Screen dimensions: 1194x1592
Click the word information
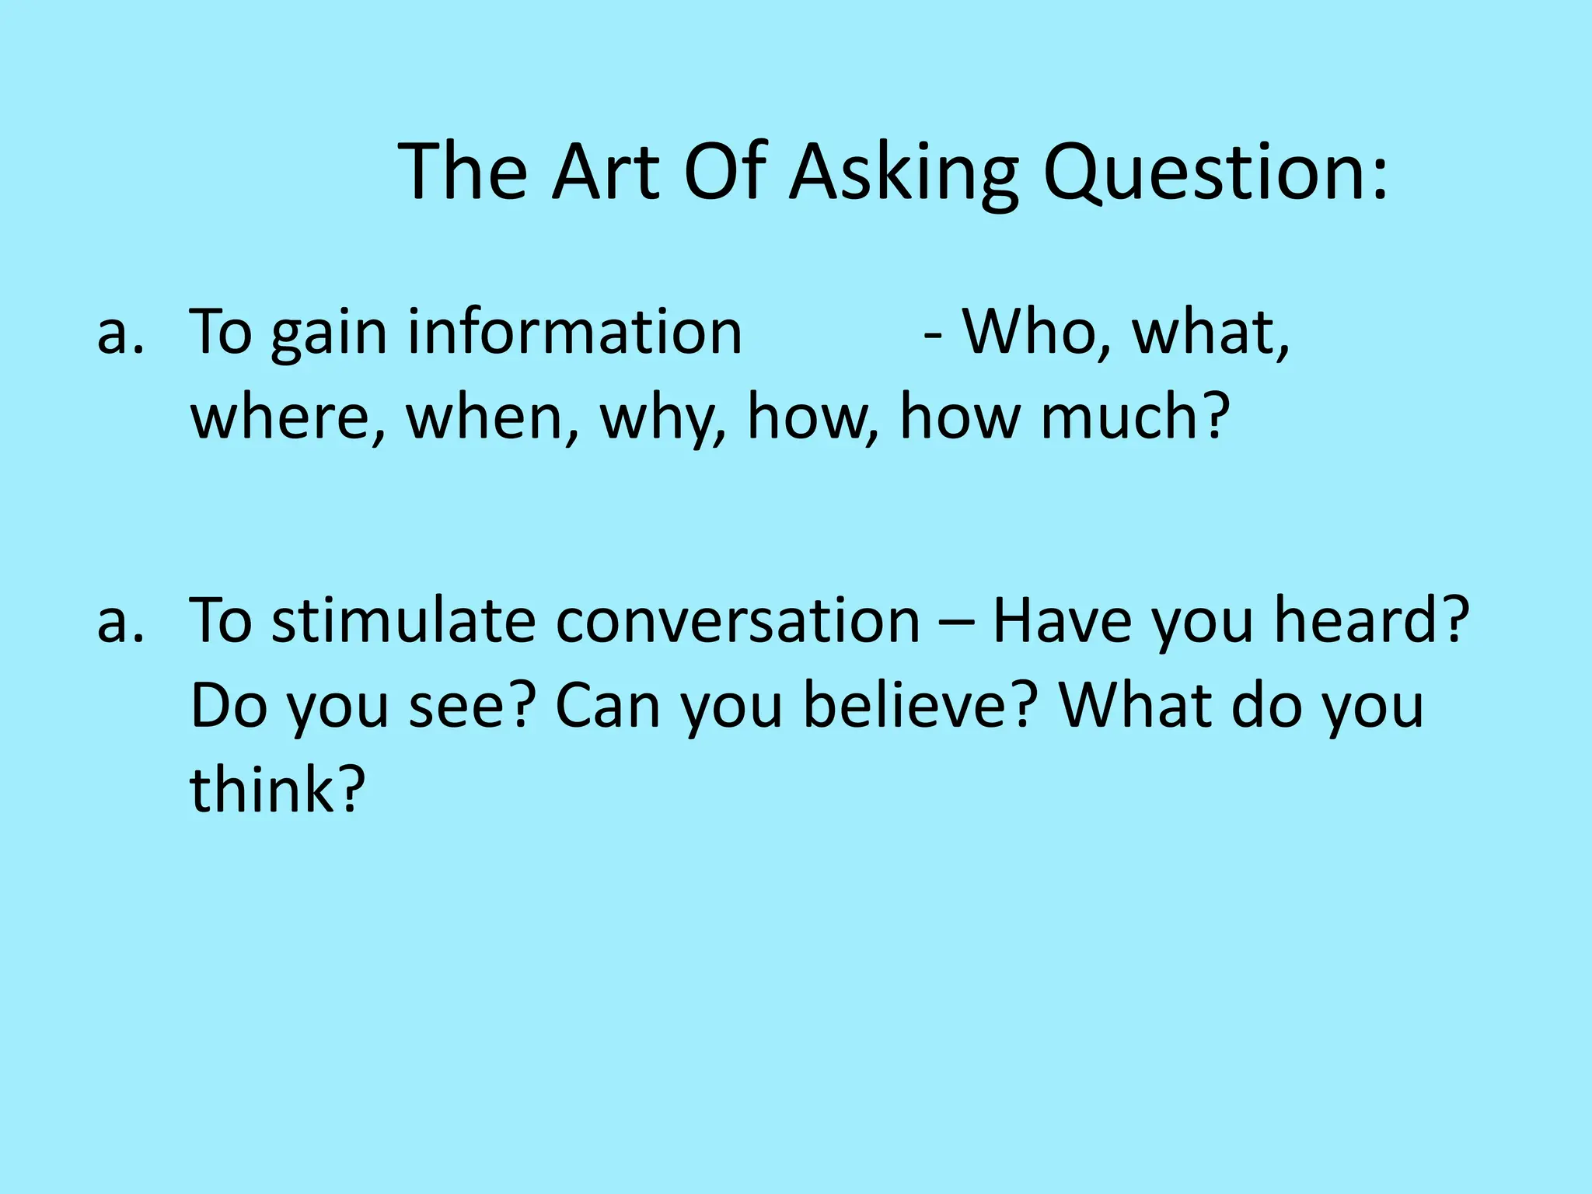coord(574,333)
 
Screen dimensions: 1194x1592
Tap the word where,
coord(288,418)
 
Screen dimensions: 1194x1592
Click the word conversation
coord(738,622)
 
